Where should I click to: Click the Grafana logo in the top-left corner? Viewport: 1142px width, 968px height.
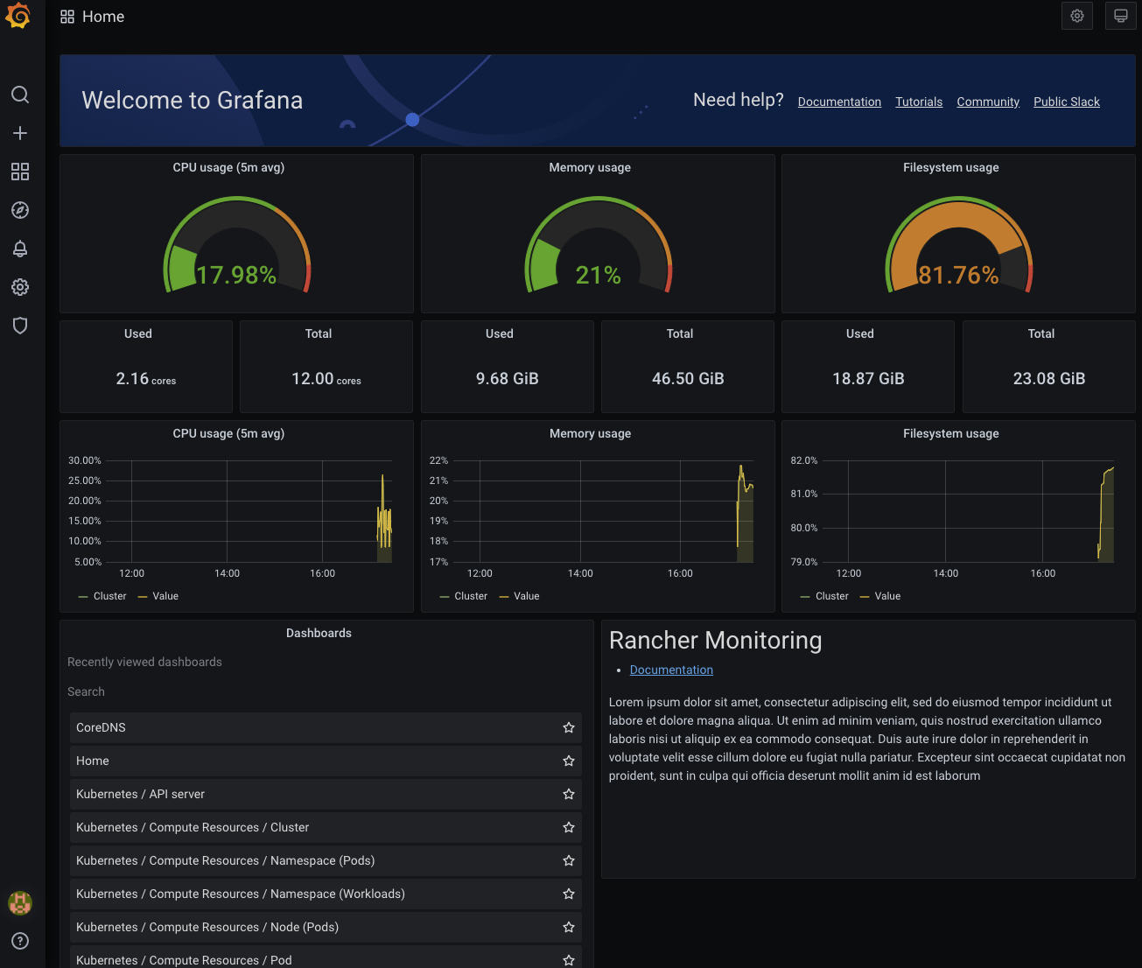[x=18, y=16]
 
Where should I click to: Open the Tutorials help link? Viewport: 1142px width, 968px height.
[x=919, y=102]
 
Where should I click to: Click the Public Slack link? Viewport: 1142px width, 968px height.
[x=1066, y=102]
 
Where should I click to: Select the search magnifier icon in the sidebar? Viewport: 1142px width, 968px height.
[x=20, y=95]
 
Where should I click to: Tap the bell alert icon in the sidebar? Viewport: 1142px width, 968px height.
[x=20, y=249]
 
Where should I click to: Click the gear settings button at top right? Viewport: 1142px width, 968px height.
[x=1076, y=16]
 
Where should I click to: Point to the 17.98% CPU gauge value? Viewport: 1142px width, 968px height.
[x=236, y=275]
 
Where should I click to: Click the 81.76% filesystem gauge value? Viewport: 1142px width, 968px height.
[x=958, y=275]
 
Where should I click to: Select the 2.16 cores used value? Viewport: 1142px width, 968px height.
[x=145, y=379]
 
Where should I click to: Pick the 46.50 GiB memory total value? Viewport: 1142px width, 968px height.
[x=688, y=379]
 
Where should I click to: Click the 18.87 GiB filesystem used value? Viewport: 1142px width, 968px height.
[x=868, y=379]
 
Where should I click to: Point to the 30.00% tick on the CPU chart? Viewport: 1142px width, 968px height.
[x=85, y=460]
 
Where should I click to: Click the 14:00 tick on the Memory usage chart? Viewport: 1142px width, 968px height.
[x=580, y=573]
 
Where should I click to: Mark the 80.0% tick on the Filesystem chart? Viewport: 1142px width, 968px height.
[x=803, y=528]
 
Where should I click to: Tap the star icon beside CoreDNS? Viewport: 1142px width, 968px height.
[x=569, y=727]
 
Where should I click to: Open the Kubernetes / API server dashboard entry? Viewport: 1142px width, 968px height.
[x=140, y=794]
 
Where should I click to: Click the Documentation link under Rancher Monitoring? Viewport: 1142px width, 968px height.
[x=671, y=670]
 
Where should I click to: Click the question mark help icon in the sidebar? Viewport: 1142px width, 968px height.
[x=20, y=941]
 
